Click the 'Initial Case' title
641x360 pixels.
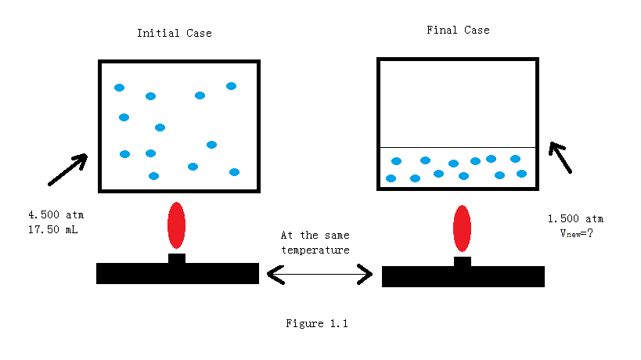click(x=174, y=33)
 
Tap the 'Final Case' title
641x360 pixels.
click(x=458, y=30)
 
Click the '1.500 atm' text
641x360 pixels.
click(x=575, y=218)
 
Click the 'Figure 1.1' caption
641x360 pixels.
click(x=316, y=323)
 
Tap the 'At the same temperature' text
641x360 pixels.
click(x=315, y=242)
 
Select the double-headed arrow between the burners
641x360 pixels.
click(x=320, y=274)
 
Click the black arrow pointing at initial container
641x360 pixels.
click(x=67, y=170)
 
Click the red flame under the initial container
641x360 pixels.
click(x=177, y=225)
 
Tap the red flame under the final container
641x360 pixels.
click(x=463, y=229)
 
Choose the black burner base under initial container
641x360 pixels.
click(x=177, y=273)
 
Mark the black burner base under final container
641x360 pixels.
click(x=463, y=276)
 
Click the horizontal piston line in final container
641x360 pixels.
click(x=458, y=147)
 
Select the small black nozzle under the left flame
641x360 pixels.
click(x=177, y=258)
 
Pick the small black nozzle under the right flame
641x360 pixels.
click(x=463, y=261)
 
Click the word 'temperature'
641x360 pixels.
click(x=315, y=250)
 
